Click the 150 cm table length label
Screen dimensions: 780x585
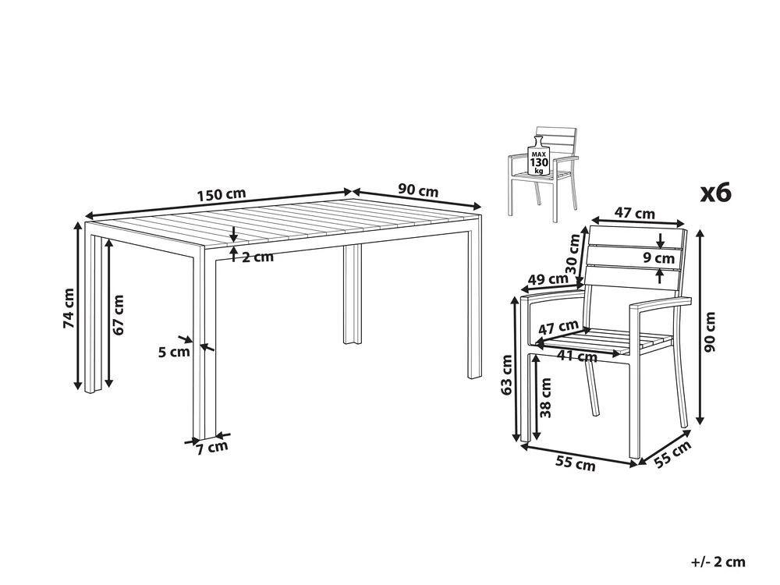coord(222,194)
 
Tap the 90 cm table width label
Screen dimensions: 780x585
coord(418,190)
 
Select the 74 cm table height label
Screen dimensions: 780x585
coord(69,308)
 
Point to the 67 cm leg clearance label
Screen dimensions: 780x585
coord(118,314)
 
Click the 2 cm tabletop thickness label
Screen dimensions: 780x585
coord(257,257)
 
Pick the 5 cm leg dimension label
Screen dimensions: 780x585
coord(174,353)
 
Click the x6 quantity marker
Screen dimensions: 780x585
coord(716,192)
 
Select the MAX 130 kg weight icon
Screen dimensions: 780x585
coord(539,156)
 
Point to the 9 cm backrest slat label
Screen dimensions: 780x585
coord(658,257)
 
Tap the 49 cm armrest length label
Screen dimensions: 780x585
coord(548,279)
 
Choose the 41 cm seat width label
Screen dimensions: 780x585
coord(577,356)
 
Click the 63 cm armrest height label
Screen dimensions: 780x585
coord(506,374)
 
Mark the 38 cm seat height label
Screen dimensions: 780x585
coord(546,398)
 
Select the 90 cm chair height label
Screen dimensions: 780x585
coord(710,331)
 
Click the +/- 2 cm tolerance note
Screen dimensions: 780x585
coord(718,562)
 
